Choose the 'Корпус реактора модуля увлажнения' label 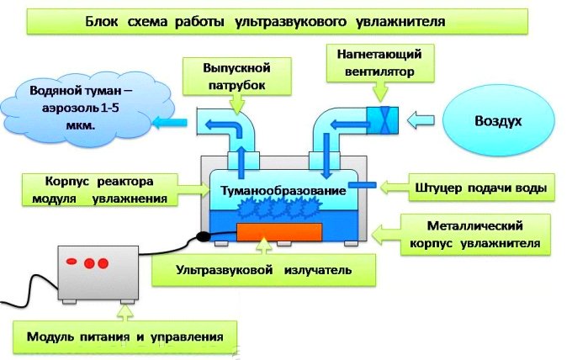coord(100,189)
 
